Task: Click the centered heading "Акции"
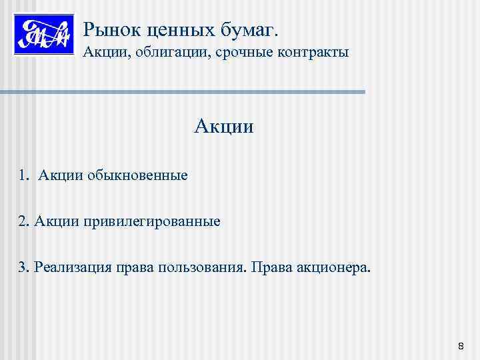(224, 125)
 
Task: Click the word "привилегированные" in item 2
(152, 221)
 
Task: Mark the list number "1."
(24, 176)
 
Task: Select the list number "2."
(24, 221)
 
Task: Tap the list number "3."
(24, 267)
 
